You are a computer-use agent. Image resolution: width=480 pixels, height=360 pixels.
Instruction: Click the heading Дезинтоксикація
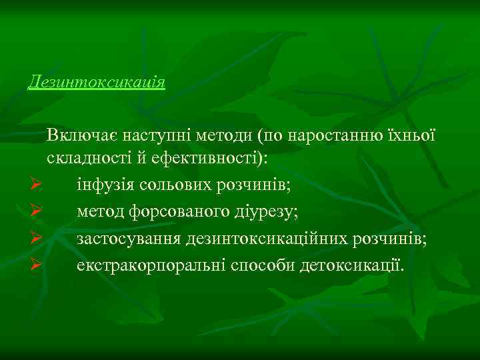(x=97, y=83)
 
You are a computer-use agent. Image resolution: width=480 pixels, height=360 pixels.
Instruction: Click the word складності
(x=86, y=161)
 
